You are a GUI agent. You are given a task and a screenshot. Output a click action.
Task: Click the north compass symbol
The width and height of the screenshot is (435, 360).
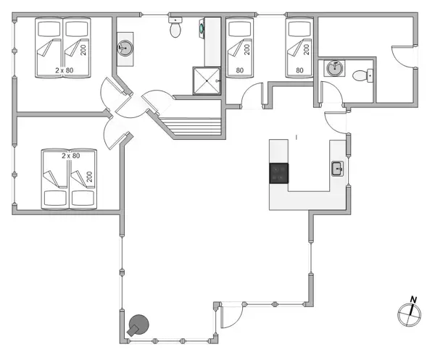pos(410,314)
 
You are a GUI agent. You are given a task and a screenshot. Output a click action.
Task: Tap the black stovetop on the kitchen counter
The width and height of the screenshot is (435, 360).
pos(279,173)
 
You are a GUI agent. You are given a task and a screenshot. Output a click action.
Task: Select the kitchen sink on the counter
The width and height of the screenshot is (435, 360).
pos(337,169)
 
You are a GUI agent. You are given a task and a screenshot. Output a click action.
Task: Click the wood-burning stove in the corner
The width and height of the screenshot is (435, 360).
pos(137,326)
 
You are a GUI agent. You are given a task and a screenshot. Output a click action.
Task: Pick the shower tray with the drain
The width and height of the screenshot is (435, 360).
pos(206,80)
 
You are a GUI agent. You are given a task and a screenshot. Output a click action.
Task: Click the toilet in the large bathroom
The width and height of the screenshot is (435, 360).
pos(175,28)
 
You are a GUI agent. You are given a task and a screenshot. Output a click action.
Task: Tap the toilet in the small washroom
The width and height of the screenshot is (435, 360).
pos(360,75)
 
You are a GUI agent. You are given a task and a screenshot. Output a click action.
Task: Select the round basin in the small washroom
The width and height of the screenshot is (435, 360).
pos(334,69)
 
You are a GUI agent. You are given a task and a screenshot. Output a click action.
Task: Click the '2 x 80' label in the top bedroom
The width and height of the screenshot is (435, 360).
pos(66,70)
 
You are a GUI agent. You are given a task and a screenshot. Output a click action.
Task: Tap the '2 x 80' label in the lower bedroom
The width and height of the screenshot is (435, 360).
pos(70,155)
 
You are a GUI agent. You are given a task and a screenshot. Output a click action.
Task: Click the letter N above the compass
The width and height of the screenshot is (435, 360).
pos(413,299)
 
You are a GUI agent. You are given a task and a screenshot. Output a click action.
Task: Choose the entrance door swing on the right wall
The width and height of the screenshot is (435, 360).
pos(400,57)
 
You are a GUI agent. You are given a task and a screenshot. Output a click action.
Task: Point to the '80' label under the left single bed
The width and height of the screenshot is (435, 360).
pos(239,70)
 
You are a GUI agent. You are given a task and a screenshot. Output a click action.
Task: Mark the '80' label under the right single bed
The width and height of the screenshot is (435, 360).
pos(299,70)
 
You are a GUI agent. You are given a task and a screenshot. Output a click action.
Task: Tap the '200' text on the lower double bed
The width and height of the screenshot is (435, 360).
pos(90,176)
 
